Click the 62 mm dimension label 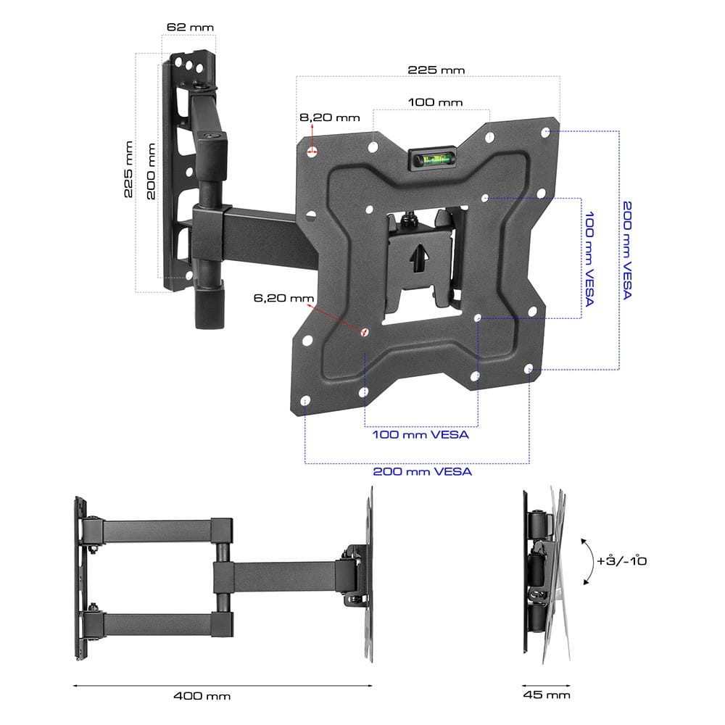(190, 28)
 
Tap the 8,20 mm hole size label (330, 117)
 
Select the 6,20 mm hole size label (283, 298)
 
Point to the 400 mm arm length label (202, 696)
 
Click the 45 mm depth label (547, 695)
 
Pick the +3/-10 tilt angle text (621, 560)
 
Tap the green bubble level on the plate (432, 160)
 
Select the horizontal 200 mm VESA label (423, 472)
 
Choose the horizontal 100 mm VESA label (420, 434)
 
